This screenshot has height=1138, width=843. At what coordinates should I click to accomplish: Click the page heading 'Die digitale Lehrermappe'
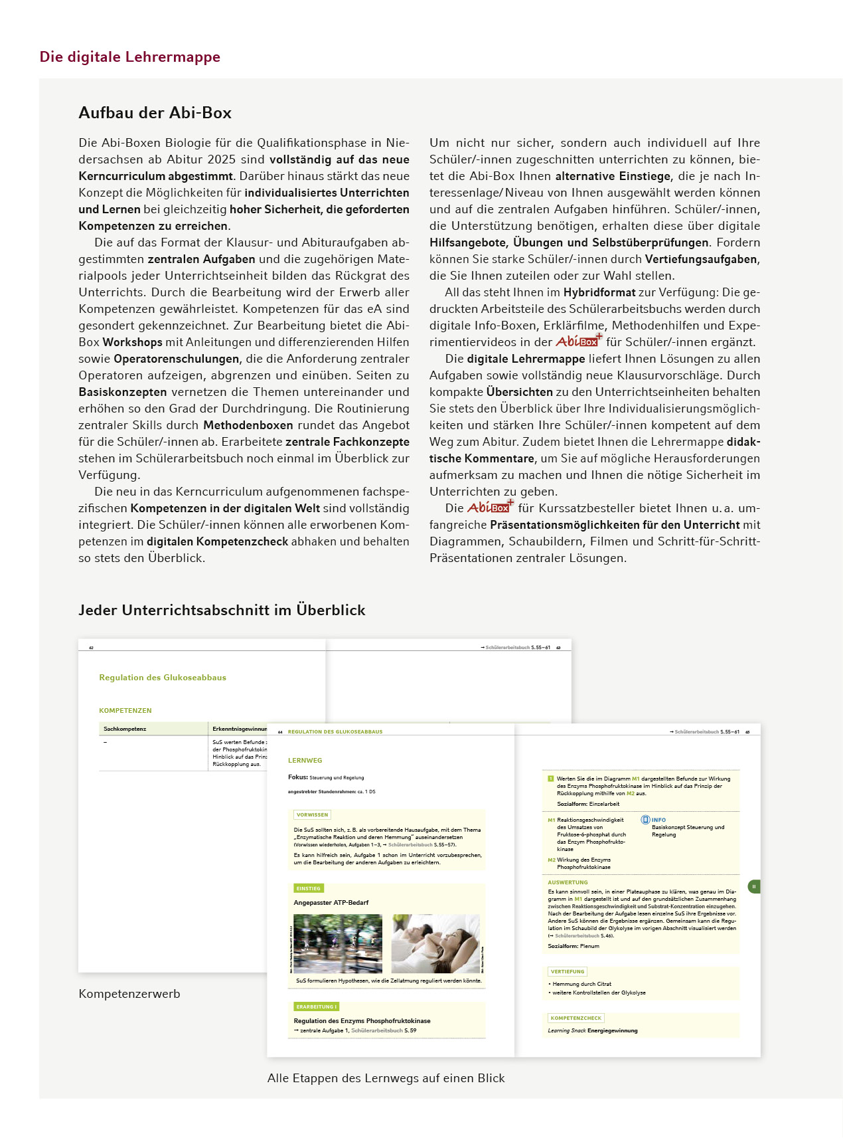click(x=130, y=57)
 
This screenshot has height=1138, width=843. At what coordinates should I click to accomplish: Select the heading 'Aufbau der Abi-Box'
click(x=155, y=113)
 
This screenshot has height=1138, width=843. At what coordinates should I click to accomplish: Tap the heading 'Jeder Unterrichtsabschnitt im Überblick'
click(x=222, y=611)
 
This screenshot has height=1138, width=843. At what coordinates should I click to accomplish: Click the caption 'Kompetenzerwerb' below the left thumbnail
click(x=129, y=994)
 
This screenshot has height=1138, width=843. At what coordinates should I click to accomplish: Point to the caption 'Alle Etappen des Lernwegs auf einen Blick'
click(x=386, y=1078)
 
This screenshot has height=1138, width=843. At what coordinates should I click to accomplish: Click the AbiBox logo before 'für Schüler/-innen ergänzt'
click(x=579, y=341)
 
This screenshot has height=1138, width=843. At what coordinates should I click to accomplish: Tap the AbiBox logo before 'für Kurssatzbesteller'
click(x=491, y=507)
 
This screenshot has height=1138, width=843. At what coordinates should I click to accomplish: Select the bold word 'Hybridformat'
click(x=599, y=292)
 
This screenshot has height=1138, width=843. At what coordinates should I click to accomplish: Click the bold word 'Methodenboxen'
click(x=248, y=425)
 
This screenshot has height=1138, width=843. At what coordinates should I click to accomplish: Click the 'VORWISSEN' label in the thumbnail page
click(x=312, y=814)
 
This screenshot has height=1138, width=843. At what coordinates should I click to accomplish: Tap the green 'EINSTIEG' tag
click(x=308, y=888)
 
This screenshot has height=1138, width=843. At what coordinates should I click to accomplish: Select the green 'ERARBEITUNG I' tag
click(x=316, y=1006)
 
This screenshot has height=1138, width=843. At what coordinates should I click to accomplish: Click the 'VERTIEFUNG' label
click(x=567, y=971)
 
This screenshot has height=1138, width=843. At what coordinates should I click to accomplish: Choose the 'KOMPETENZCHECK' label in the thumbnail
click(x=575, y=1018)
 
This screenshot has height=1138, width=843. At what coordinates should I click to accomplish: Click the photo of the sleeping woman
click(x=435, y=943)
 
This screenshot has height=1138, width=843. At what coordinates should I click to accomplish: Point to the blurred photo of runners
click(x=338, y=943)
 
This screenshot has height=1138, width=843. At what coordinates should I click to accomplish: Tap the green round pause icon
click(x=753, y=886)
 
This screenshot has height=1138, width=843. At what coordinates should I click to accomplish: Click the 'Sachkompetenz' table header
click(x=125, y=729)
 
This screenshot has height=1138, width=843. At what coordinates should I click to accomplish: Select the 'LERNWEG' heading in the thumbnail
click(x=305, y=760)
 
